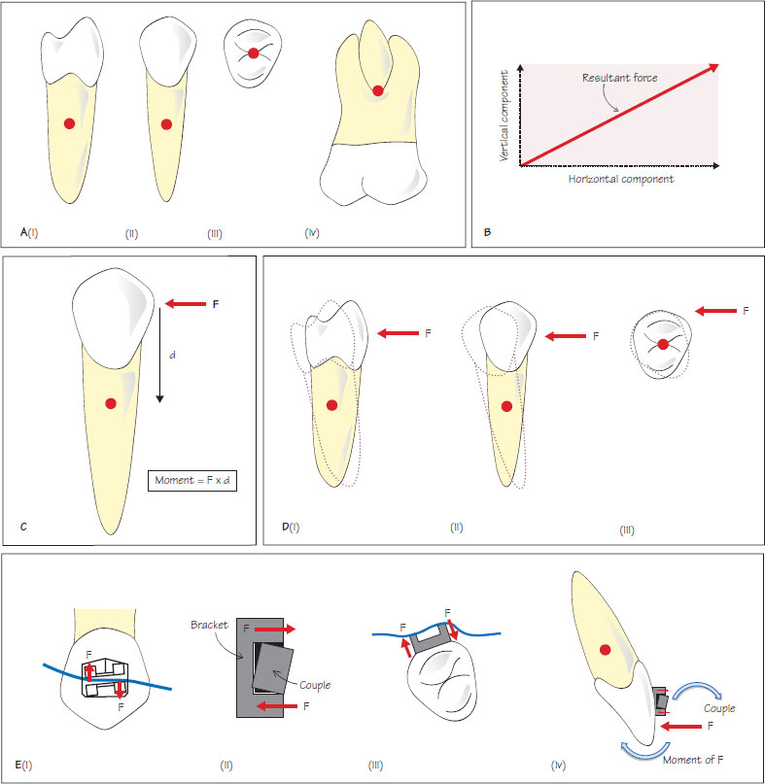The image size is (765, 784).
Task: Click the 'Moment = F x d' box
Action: [x=196, y=481]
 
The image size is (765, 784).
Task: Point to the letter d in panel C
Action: [x=172, y=356]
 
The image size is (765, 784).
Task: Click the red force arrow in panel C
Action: [x=183, y=304]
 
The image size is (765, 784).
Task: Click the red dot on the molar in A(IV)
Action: [x=377, y=92]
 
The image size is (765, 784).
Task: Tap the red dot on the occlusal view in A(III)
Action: [x=253, y=55]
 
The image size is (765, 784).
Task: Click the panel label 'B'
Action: [x=487, y=232]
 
